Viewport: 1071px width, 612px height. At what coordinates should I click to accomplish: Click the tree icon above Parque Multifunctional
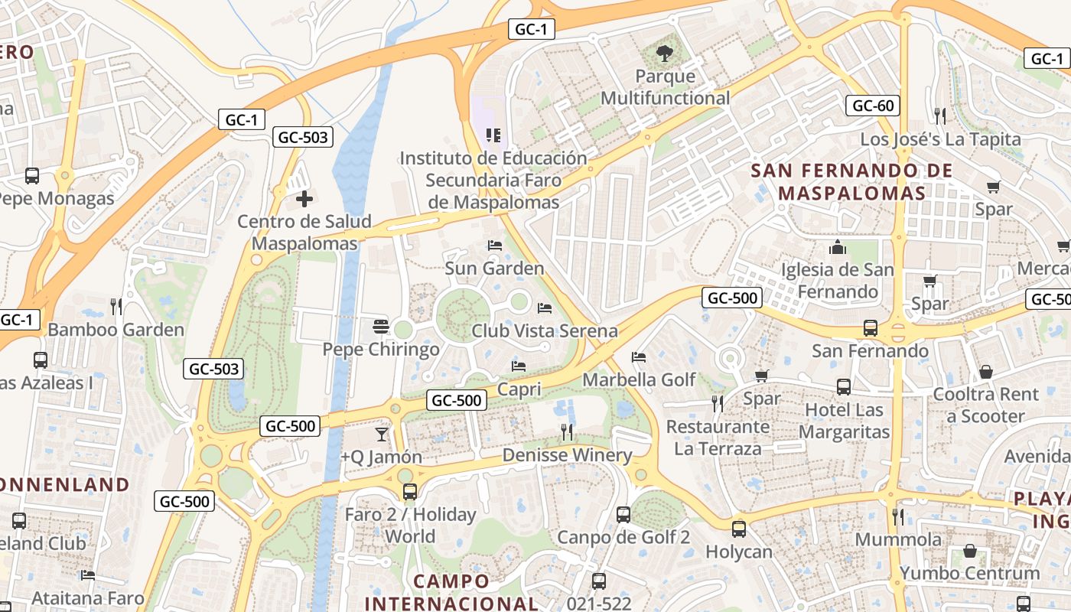click(664, 54)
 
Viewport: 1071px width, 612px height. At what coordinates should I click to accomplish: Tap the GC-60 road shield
click(872, 106)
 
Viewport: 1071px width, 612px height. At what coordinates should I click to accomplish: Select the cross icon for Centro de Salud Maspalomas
click(304, 200)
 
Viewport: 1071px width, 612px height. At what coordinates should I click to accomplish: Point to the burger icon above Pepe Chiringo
click(381, 327)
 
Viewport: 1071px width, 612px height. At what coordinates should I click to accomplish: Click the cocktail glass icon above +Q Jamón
click(381, 435)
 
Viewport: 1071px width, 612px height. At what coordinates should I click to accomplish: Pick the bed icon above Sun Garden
click(495, 246)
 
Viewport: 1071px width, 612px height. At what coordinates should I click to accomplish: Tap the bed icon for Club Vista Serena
click(545, 308)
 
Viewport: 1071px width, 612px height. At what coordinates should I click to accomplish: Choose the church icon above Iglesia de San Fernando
click(838, 247)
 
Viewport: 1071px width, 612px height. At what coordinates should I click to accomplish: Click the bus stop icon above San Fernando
click(870, 328)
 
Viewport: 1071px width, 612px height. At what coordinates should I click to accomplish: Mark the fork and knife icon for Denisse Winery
click(567, 432)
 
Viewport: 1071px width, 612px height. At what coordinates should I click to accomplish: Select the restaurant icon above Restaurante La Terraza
click(717, 403)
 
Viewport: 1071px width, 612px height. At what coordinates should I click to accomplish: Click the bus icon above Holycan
click(738, 529)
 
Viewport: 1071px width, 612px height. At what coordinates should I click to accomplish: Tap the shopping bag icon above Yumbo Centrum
click(969, 551)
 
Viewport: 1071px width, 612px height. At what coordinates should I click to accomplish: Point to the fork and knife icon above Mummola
click(898, 517)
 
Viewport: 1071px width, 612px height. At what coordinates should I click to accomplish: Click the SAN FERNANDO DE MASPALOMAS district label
click(852, 181)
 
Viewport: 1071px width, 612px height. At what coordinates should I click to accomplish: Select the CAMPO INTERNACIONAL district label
click(451, 591)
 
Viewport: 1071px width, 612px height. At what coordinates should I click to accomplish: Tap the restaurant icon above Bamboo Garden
click(116, 307)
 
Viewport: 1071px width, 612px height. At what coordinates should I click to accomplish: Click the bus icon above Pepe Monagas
click(32, 176)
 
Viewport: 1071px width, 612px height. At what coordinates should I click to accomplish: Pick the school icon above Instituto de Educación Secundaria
click(493, 135)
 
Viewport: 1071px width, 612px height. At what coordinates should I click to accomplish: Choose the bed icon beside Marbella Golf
click(639, 357)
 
